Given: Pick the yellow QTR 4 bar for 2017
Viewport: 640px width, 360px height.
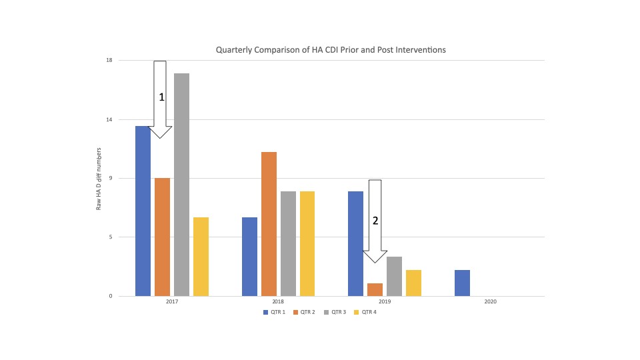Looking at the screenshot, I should pyautogui.click(x=201, y=257).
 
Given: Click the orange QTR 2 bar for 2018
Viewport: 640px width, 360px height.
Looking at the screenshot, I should pyautogui.click(x=269, y=224).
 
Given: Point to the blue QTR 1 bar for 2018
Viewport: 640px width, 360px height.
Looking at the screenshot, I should pyautogui.click(x=249, y=257).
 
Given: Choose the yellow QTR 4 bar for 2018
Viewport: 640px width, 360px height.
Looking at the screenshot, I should pyautogui.click(x=307, y=243).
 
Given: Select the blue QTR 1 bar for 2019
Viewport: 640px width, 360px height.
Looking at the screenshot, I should pyautogui.click(x=355, y=243).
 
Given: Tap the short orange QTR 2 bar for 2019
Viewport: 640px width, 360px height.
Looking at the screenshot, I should pyautogui.click(x=375, y=289).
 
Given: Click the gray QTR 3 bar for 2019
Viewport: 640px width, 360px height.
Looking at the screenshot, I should pyautogui.click(x=394, y=276).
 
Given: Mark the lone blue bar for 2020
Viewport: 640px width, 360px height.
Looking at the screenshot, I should pyautogui.click(x=462, y=283).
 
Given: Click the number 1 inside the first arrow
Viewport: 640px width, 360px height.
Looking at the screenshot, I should pyautogui.click(x=161, y=97).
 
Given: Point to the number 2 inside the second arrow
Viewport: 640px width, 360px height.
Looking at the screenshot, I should pyautogui.click(x=375, y=221).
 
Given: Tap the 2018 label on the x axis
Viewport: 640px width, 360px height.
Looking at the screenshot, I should pyautogui.click(x=279, y=302).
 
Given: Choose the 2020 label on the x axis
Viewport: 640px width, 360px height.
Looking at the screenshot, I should pyautogui.click(x=490, y=302).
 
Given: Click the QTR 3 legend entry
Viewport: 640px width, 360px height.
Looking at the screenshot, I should pyautogui.click(x=335, y=312).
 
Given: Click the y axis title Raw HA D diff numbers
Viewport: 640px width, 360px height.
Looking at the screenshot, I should pyautogui.click(x=99, y=179).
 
